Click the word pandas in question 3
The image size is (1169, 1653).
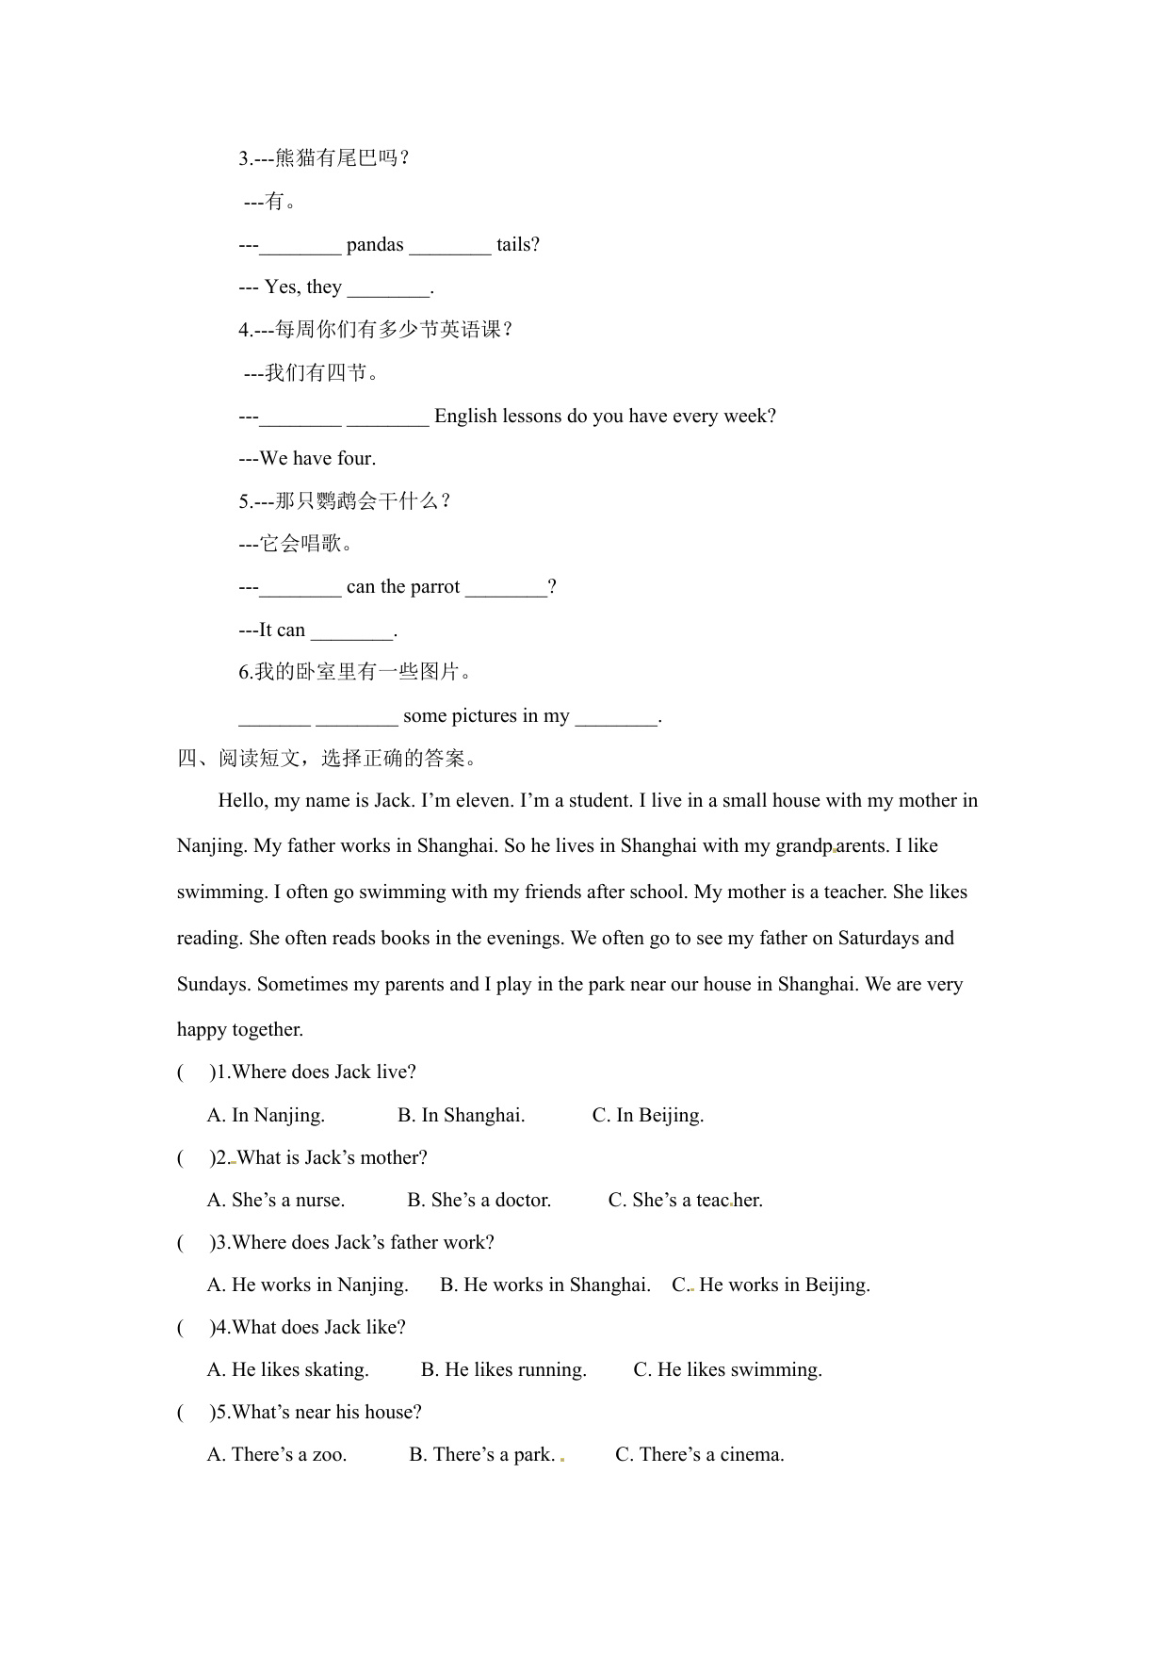click(375, 245)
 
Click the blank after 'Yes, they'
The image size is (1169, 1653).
click(388, 288)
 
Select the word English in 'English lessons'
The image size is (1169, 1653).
click(464, 417)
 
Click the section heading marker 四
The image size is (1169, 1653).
click(187, 759)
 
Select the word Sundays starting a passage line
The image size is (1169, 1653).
click(214, 985)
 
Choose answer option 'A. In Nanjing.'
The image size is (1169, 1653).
click(266, 1116)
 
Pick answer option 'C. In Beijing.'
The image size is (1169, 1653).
click(647, 1116)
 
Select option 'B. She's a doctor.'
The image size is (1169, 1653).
click(479, 1201)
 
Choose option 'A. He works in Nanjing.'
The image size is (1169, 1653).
click(307, 1285)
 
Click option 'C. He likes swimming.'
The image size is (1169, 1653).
click(727, 1370)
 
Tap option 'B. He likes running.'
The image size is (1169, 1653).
click(503, 1370)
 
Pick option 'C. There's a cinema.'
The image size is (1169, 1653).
click(699, 1455)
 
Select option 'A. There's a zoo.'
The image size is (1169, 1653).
click(277, 1455)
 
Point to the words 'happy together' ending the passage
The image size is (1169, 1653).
click(240, 1030)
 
